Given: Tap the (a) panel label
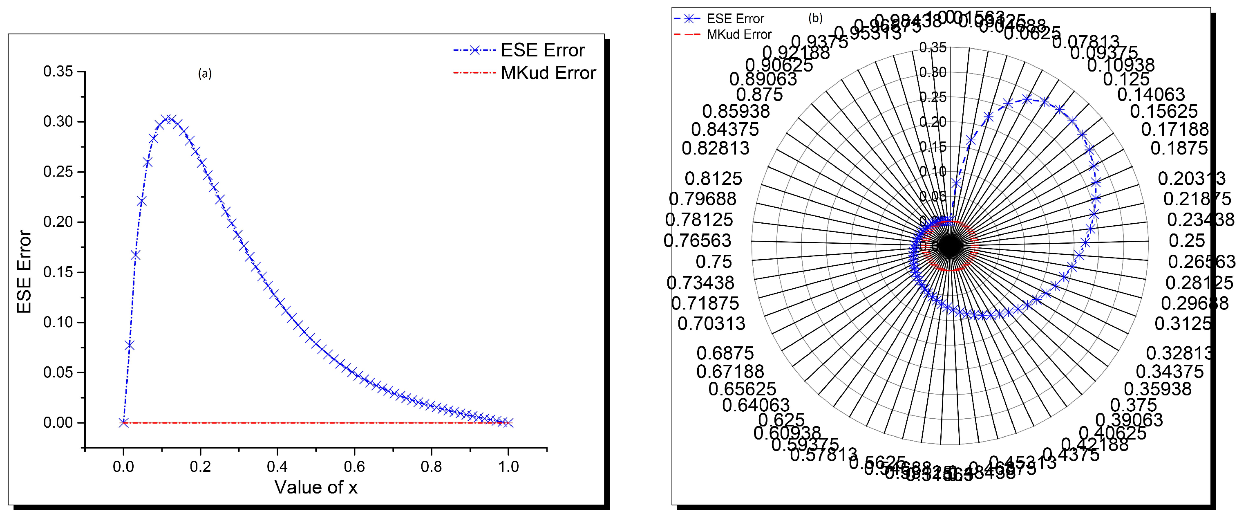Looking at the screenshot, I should coord(205,74).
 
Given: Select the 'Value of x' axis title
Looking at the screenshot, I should coord(316,487).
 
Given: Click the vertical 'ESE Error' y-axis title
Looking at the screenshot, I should coord(24,271).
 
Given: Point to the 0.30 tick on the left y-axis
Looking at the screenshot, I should coord(58,121).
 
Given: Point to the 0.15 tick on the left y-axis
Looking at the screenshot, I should coord(58,272).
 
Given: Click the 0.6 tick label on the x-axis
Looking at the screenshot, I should coord(354,467).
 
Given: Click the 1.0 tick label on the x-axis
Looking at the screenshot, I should coord(508,467).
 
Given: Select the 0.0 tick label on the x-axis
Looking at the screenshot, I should coord(123,467).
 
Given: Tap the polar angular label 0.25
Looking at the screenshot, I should coord(1186,240).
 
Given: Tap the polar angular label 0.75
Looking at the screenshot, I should coord(714,262).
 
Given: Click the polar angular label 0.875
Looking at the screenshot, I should coord(759,95).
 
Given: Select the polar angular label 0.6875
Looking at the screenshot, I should coord(725,353).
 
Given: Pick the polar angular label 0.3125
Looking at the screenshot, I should coord(1183,324).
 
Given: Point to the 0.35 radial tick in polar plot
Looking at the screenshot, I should coord(933,47).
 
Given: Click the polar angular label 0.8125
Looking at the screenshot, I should coord(713,179).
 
